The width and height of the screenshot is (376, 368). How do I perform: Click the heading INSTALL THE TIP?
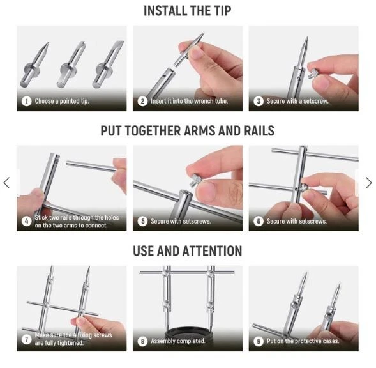coord(187,11)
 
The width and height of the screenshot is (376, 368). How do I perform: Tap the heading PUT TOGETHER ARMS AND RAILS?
coord(187,131)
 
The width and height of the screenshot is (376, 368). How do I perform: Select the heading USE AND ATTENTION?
coord(187,251)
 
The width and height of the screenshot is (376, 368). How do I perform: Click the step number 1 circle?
coord(26,101)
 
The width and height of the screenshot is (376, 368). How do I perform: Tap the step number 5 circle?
coord(142,221)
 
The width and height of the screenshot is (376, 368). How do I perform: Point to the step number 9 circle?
coord(259,341)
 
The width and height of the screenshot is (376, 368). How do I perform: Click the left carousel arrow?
coord(7,183)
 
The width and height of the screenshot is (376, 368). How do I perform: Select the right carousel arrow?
coord(369,183)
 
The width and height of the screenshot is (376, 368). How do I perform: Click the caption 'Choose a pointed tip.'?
coord(62,101)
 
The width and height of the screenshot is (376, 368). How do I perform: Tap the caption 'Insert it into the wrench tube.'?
coord(189,101)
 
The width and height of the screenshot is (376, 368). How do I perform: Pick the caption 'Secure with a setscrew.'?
coord(297,101)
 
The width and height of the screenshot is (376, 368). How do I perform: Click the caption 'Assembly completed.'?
coord(178,341)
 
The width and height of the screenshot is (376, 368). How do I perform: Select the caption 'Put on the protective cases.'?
coord(303,341)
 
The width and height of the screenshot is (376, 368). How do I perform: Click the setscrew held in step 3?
coord(313,73)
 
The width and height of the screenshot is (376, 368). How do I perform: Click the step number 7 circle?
coord(26,339)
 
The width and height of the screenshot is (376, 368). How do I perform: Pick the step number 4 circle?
coord(26,221)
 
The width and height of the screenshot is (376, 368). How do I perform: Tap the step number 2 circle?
coord(142,101)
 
